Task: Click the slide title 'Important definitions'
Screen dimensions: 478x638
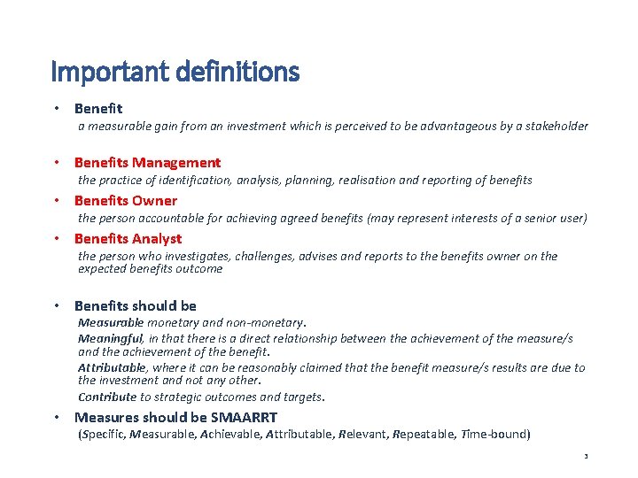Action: coord(175,71)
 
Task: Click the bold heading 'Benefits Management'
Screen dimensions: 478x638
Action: coord(147,162)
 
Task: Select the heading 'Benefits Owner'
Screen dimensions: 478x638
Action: coord(125,200)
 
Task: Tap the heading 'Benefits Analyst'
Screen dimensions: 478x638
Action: coord(128,238)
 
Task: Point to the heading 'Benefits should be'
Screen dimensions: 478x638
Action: coord(135,305)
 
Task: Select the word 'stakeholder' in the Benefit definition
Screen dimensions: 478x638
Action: coord(554,127)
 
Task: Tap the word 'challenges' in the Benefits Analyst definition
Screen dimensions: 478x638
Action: coord(267,256)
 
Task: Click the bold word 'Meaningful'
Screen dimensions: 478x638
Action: coord(110,338)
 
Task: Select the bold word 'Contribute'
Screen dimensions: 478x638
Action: coord(106,397)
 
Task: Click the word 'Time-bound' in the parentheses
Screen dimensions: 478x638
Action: coord(496,435)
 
